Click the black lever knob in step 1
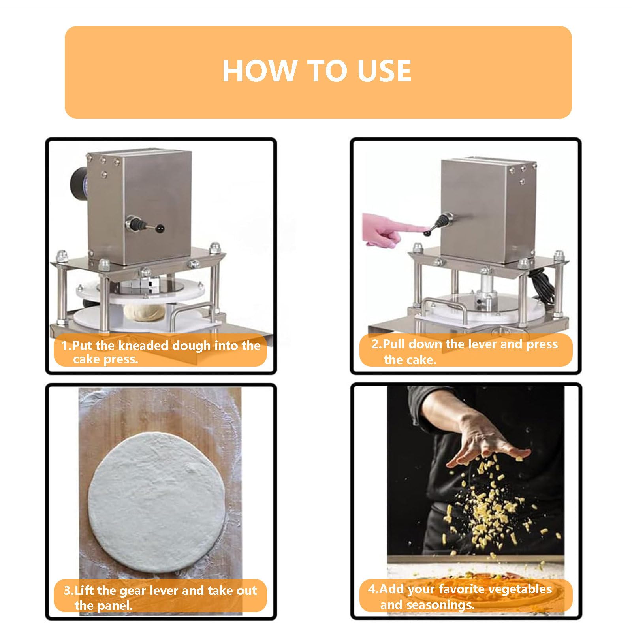pos(160,228)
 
